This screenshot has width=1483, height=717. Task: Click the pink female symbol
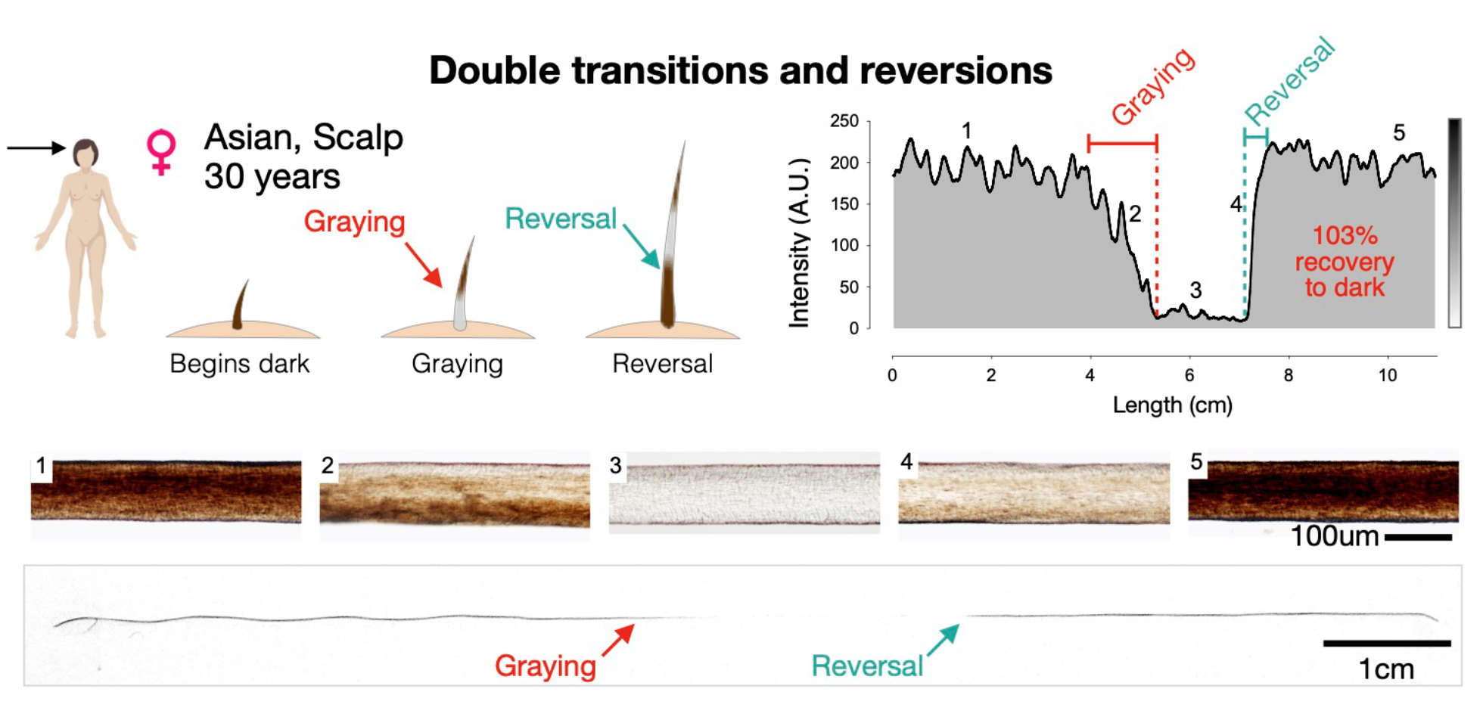(161, 151)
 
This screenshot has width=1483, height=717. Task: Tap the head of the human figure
(85, 153)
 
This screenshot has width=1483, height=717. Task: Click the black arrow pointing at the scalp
(36, 147)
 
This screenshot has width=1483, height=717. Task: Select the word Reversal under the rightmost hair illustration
(662, 364)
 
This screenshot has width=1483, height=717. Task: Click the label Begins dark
(239, 364)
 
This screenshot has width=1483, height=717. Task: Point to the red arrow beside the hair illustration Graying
(424, 265)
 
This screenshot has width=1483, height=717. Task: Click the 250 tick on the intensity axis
(844, 121)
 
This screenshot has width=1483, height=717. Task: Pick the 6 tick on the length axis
(1189, 375)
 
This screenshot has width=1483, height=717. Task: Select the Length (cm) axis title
(1172, 405)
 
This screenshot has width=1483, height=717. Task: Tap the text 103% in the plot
(1345, 235)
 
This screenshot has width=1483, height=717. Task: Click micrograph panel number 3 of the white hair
(745, 494)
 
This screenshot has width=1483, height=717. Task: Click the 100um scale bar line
(1419, 538)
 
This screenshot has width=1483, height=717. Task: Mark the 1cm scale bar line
(1387, 644)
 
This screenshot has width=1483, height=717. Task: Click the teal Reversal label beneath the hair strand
(867, 666)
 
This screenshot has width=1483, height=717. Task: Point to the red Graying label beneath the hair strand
(546, 666)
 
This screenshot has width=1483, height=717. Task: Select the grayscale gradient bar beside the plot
(1454, 223)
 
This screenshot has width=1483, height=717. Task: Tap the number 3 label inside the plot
(1195, 290)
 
